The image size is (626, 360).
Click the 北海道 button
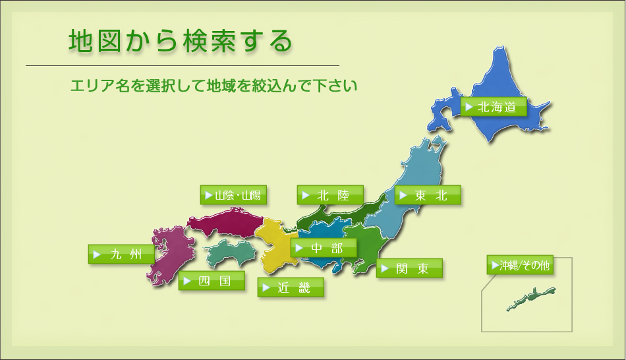[x=494, y=107]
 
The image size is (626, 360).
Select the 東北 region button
[x=428, y=195]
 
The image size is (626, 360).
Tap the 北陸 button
[x=330, y=195]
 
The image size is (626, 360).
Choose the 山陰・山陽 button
[x=233, y=195]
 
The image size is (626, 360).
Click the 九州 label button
[x=121, y=254]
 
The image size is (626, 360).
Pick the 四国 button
[x=212, y=280]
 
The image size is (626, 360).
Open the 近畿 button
[x=291, y=287]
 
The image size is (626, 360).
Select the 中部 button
[x=324, y=248]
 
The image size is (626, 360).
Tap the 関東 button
[x=409, y=268]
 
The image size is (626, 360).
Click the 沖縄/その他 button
[x=520, y=264]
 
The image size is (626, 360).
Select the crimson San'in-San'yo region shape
[x=225, y=223]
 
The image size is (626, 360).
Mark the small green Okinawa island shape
[x=531, y=298]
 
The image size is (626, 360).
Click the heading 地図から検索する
[x=181, y=41]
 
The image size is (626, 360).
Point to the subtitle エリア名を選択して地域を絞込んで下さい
[x=213, y=86]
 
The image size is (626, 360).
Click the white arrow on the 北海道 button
[x=469, y=107]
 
